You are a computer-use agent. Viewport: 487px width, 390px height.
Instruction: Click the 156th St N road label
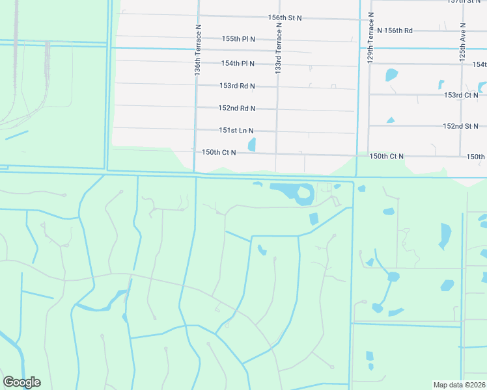[x=285, y=18]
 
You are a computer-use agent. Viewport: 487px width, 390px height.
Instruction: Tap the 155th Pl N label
[x=238, y=39]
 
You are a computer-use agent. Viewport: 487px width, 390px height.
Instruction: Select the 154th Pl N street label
[x=238, y=63]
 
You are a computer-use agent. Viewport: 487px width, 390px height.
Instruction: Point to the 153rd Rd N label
[x=237, y=86]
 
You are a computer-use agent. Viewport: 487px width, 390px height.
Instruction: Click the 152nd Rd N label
[x=237, y=108]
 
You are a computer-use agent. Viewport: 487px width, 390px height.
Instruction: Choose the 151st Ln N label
[x=236, y=130]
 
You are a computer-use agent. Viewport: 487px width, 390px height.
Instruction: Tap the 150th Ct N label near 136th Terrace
[x=219, y=152]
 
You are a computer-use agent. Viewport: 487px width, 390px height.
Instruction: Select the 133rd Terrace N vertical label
[x=279, y=49]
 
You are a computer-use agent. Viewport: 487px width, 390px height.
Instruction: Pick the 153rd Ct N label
[x=461, y=95]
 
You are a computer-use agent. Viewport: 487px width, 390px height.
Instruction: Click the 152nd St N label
[x=460, y=126]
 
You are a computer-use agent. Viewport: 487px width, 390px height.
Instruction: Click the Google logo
[x=21, y=382]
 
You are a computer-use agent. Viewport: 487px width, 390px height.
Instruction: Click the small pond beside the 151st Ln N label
[x=252, y=144]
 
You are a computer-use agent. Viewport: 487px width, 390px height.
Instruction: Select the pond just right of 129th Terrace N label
[x=391, y=74]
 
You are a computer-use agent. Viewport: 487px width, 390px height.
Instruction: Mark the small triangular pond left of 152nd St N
[x=391, y=120]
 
